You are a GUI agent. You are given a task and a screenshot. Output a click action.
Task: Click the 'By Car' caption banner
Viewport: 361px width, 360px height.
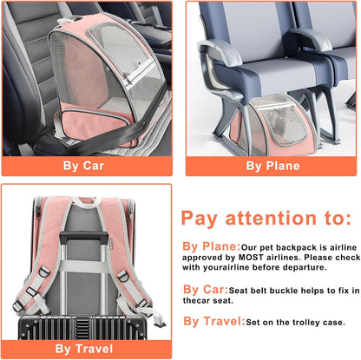click(x=87, y=166)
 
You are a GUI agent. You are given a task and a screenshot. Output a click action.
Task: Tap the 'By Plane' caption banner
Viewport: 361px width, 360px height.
click(x=271, y=166)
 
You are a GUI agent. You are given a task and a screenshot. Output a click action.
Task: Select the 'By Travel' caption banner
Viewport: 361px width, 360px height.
click(x=87, y=349)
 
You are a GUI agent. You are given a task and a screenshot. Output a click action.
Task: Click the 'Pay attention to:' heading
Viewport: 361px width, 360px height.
click(x=266, y=219)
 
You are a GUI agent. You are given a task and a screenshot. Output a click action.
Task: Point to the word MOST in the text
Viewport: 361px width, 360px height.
click(x=251, y=258)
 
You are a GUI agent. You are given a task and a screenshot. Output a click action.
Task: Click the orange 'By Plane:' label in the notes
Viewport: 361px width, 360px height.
click(x=211, y=246)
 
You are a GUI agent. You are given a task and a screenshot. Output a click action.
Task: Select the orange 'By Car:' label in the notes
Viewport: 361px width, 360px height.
click(x=206, y=290)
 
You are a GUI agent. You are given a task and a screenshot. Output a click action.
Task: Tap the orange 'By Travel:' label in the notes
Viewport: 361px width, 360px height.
click(x=214, y=321)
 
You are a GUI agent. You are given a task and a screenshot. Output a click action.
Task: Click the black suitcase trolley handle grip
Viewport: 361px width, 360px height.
click(x=84, y=236)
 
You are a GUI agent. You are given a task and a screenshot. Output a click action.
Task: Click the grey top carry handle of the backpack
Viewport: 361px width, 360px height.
click(x=84, y=202)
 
